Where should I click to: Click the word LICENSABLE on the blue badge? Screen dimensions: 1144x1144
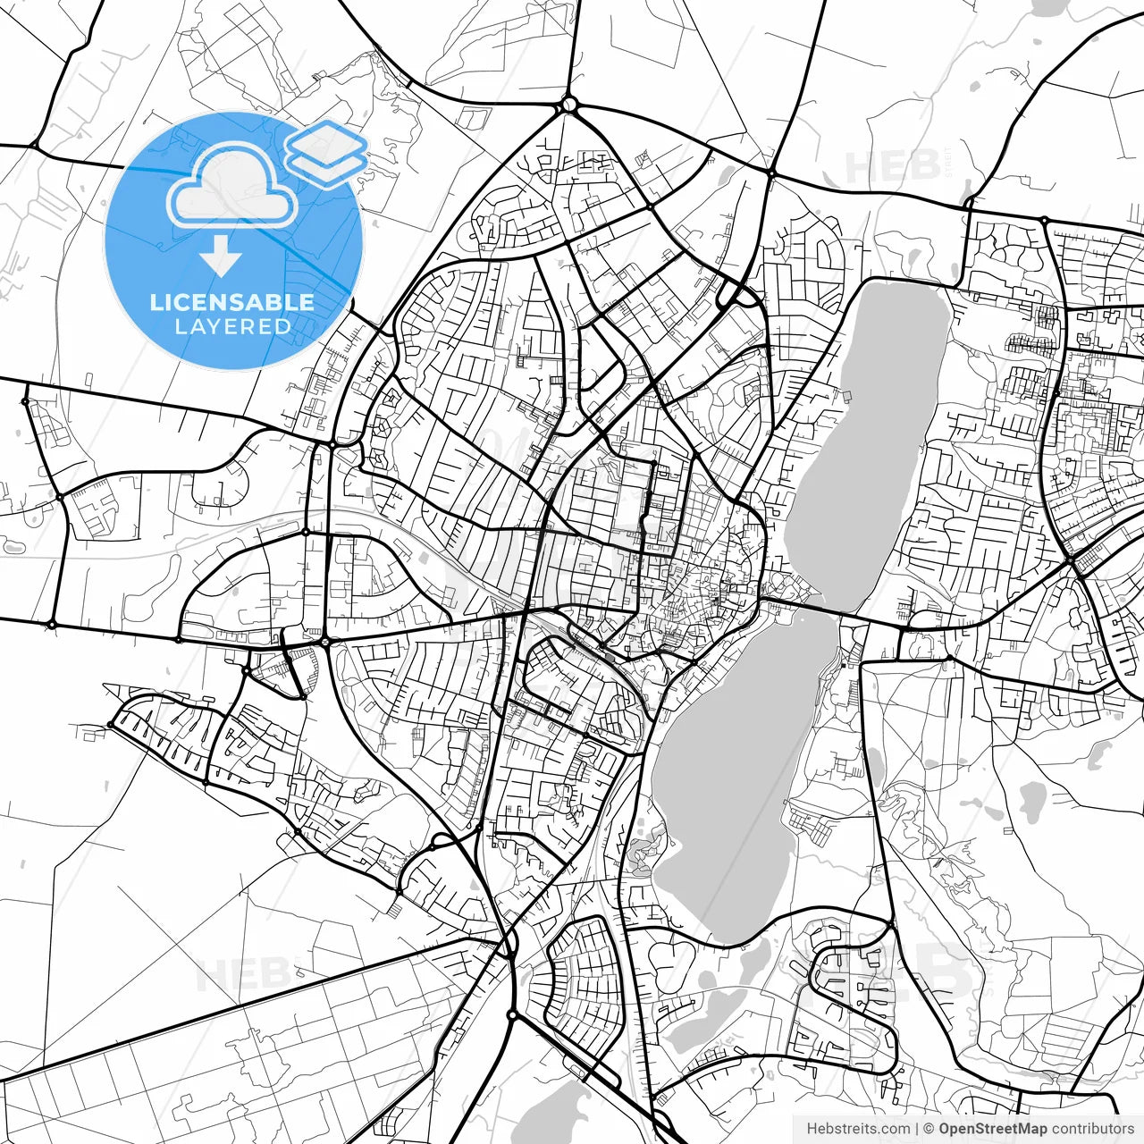click(232, 302)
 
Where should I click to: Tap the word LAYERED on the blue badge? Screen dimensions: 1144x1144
click(232, 326)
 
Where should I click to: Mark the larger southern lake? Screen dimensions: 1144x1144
click(733, 786)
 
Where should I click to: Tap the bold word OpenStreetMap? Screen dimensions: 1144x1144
click(993, 1129)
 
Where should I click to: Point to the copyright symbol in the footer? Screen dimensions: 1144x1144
click(929, 1129)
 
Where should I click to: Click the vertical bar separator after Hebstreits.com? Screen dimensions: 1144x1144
click(917, 1129)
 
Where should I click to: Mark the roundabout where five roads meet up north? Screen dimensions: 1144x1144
click(569, 105)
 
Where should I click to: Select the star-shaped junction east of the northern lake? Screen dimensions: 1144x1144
click(1070, 560)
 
